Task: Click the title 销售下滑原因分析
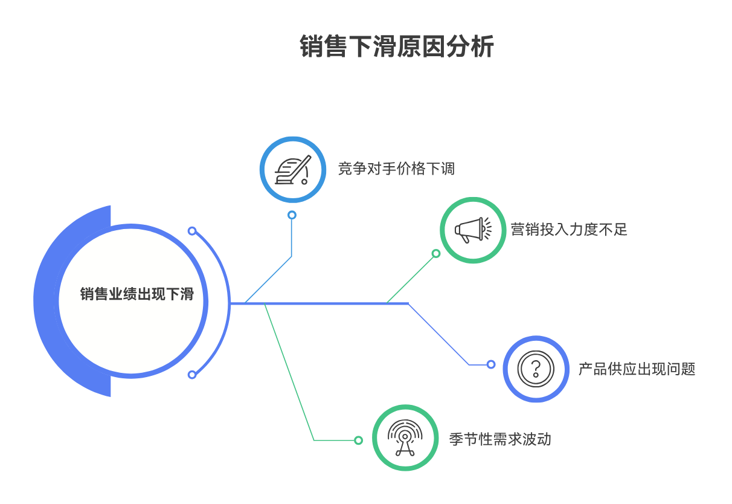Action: pos(397,47)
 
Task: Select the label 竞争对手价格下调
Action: pos(396,169)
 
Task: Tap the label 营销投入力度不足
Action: pos(569,230)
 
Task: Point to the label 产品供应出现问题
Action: pos(637,369)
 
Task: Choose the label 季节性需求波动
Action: pos(500,439)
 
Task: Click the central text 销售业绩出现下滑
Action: pos(136,294)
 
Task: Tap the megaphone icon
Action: pos(473,230)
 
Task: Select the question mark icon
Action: pos(536,369)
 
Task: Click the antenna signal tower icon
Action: pos(405,438)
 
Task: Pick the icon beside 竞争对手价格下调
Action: pos(293,169)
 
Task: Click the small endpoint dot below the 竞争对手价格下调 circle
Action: pos(292,215)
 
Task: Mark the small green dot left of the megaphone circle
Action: pos(436,254)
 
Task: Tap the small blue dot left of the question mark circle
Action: pos(491,364)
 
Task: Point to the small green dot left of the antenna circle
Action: pos(358,441)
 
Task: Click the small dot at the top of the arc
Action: pos(192,231)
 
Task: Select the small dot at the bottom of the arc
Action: pos(192,375)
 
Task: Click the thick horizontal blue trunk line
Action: pos(320,303)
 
